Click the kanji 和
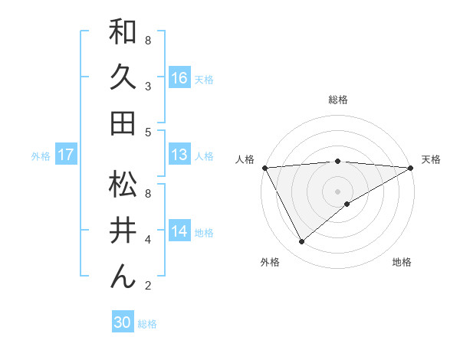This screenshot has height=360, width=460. coord(123,32)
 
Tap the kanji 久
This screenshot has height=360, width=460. coord(123,77)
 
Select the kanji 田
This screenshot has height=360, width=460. coord(123,123)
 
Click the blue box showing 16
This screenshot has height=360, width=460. coord(179,77)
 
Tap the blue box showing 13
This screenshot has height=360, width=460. coord(179,155)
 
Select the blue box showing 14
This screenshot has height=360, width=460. coord(179,231)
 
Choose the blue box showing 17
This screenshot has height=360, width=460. coord(66,155)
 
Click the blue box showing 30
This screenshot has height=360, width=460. coord(123,322)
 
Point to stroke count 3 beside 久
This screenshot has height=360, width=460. coord(148,86)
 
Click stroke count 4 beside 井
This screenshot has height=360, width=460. coord(148,240)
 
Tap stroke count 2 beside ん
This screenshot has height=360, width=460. coord(148,286)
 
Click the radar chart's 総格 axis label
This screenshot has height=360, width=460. coord(338,100)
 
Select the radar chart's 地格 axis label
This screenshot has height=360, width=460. coord(402,263)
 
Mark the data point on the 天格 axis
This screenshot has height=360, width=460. coord(411,167)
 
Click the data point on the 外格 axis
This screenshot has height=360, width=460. coord(301,242)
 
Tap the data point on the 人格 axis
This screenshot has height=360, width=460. coord(264,167)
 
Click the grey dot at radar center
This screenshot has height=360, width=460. coord(338,191)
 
